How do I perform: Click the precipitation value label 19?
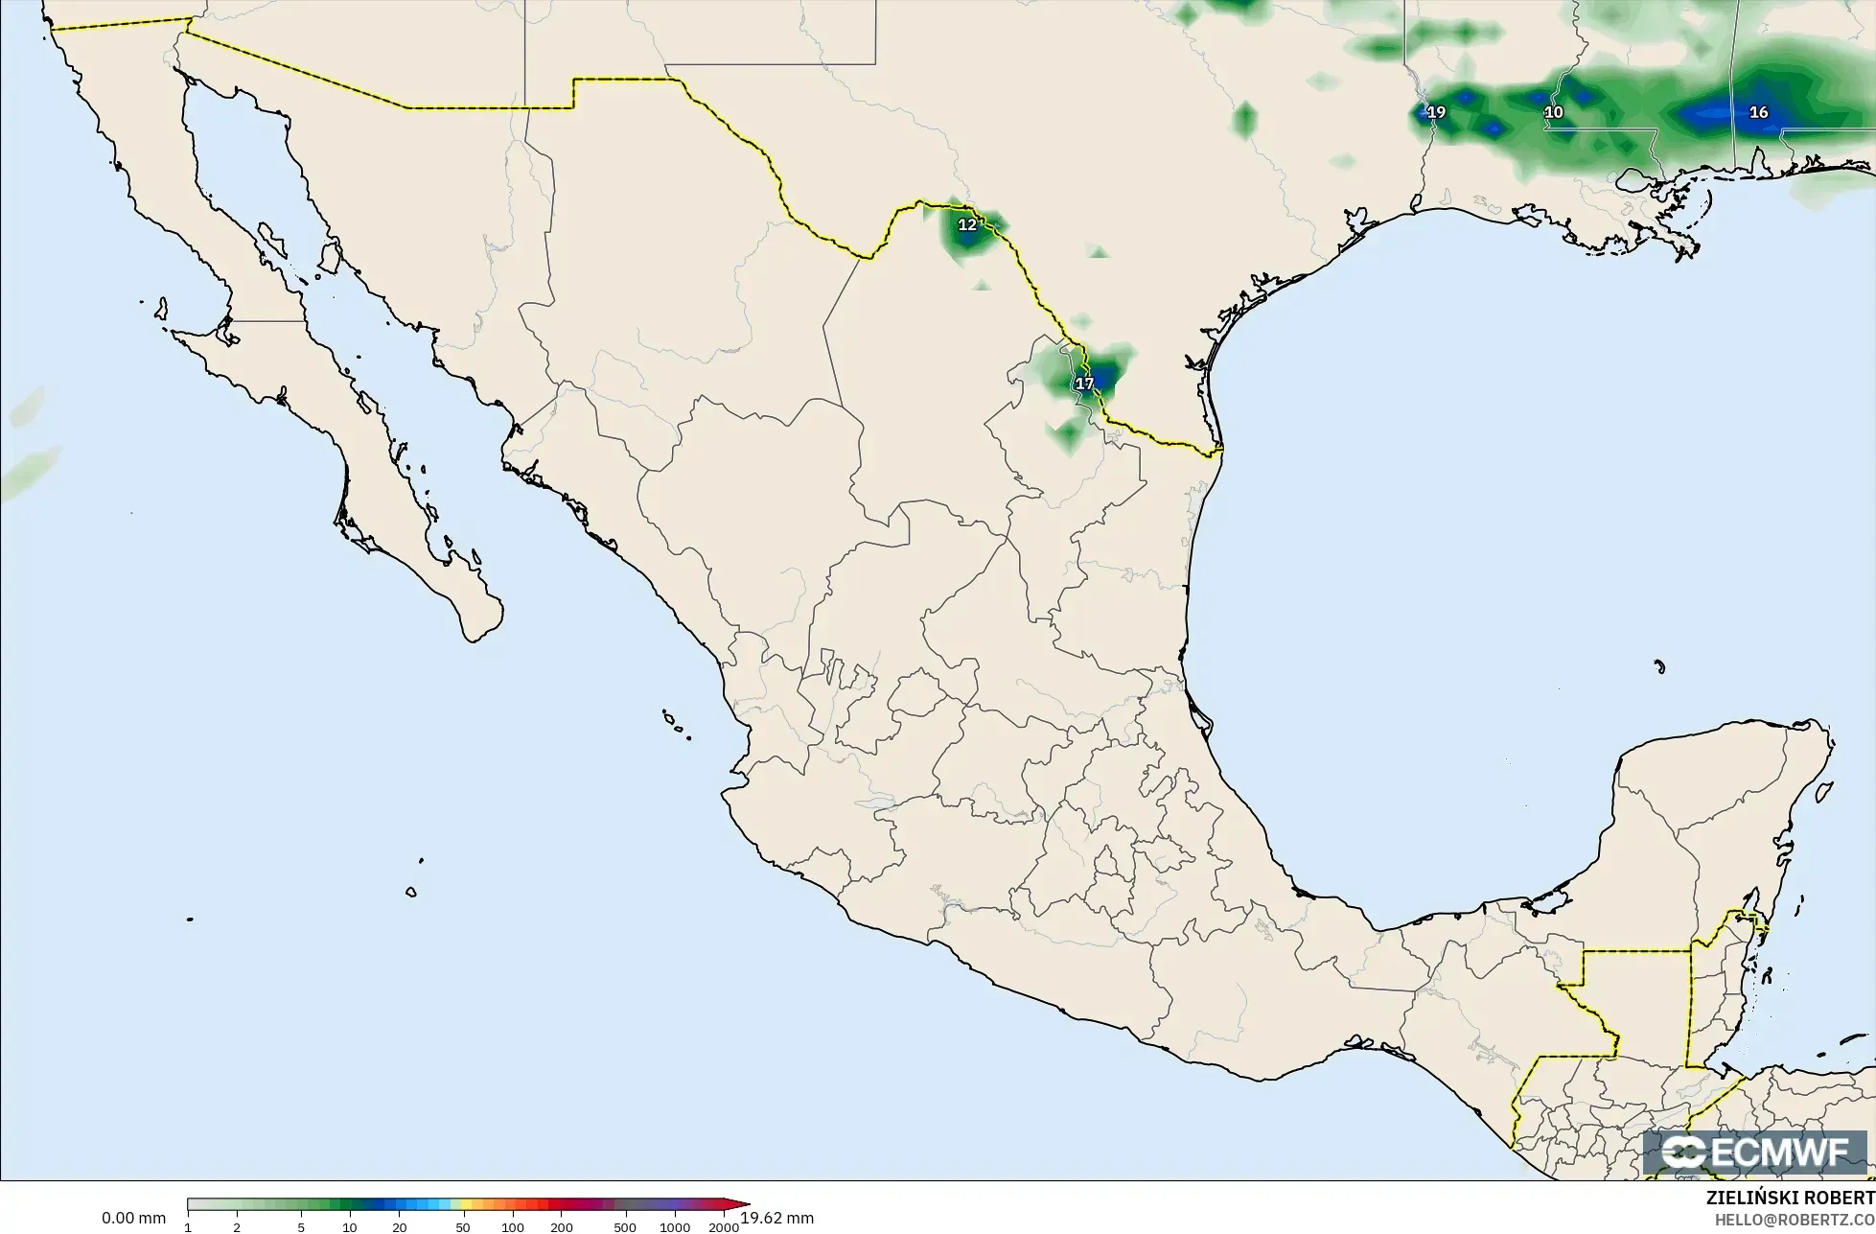[1436, 112]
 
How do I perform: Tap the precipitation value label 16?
[1758, 112]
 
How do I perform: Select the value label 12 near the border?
[967, 224]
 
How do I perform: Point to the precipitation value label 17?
[1084, 384]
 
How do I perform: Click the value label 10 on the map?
[1554, 112]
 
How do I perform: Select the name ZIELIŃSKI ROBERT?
[1790, 1198]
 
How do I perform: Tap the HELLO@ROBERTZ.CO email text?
[1795, 1219]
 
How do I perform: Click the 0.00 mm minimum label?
[133, 1219]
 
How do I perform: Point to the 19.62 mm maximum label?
[777, 1219]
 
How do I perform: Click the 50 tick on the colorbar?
[463, 1227]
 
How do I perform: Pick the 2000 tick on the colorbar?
[724, 1227]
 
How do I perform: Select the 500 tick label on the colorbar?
[625, 1227]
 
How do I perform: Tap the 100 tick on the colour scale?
[513, 1227]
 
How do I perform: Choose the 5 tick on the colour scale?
[301, 1227]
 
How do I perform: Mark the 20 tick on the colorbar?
[400, 1227]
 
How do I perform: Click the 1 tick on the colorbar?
[188, 1227]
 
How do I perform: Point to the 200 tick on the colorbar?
[562, 1227]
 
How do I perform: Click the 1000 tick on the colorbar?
[675, 1227]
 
